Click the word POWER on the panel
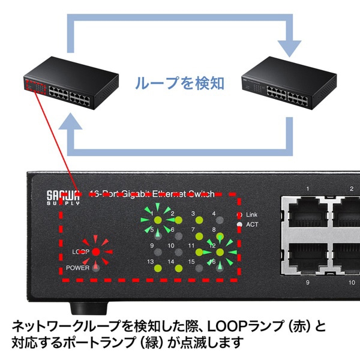click(x=77, y=268)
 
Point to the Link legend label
click(x=252, y=214)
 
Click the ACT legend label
click(x=252, y=224)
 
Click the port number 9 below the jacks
click(x=307, y=281)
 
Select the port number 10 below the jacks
click(x=351, y=281)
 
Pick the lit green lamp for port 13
click(x=158, y=269)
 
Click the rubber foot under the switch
click(x=83, y=307)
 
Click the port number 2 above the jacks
click(x=352, y=190)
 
